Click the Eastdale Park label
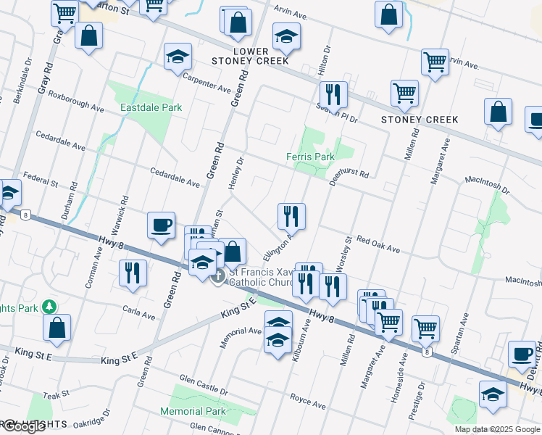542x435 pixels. (151, 108)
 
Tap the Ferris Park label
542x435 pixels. (310, 157)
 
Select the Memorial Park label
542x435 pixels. (193, 411)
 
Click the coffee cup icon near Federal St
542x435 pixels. (161, 224)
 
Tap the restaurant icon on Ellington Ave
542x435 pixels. (291, 215)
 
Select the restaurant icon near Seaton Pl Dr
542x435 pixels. (333, 94)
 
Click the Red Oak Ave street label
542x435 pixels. (378, 245)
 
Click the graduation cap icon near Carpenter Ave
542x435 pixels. (176, 58)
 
